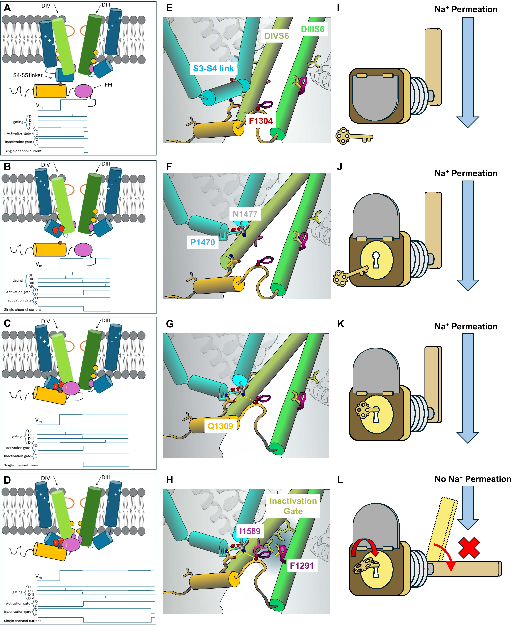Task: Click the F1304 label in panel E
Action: [260, 121]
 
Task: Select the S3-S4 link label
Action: [213, 68]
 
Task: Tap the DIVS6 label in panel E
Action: [276, 36]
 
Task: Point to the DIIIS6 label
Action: [312, 29]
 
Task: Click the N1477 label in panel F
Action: [245, 214]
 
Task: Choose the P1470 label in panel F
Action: [203, 242]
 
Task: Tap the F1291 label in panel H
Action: [301, 565]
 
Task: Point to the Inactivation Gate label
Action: [293, 506]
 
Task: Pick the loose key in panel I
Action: [353, 136]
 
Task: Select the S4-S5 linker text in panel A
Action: [28, 75]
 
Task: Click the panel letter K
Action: [340, 324]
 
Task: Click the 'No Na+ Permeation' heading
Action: [472, 479]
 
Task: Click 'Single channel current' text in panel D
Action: [22, 621]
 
